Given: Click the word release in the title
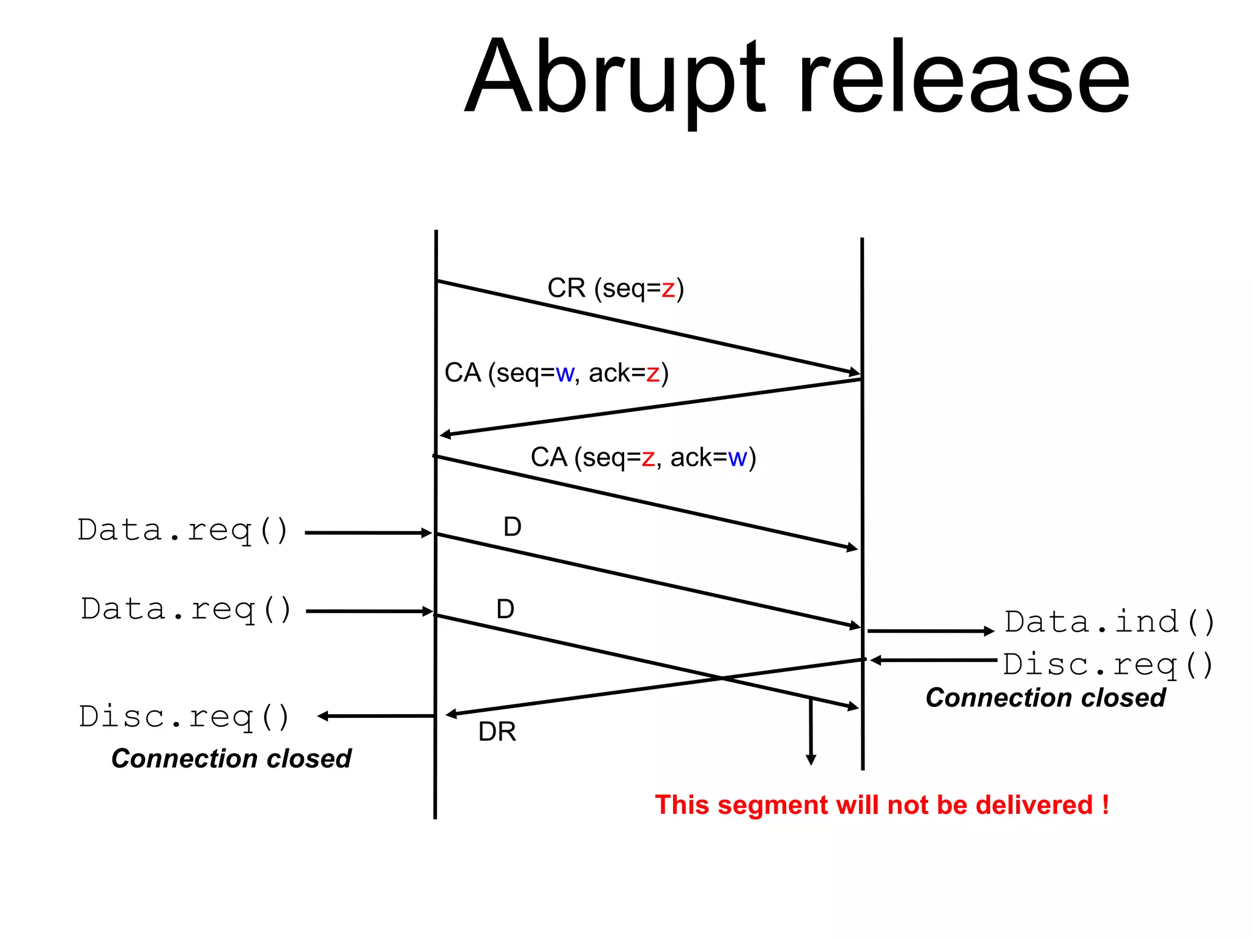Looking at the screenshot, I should tap(964, 76).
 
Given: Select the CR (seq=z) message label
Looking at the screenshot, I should tap(615, 288).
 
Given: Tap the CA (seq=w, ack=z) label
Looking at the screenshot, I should tap(557, 373).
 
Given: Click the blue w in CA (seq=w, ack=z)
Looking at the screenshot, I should tap(565, 373).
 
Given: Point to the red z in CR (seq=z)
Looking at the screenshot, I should tap(667, 289).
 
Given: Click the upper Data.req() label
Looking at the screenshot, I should tap(182, 531).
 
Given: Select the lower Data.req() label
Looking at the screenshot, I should tap(186, 610).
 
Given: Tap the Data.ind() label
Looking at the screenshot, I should tap(1109, 622).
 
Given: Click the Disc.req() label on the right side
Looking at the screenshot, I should tap(1107, 665).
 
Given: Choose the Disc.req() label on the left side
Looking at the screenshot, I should tap(184, 717).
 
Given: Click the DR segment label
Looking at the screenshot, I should tap(497, 732).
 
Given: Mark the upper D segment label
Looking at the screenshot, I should tap(512, 527).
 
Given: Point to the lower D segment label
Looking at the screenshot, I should tap(505, 610).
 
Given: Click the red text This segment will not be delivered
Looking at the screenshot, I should tap(882, 805).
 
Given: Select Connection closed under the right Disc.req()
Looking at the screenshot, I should tap(1045, 698).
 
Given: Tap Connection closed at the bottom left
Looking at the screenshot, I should tap(231, 759).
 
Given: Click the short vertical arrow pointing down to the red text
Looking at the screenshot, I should tap(811, 731).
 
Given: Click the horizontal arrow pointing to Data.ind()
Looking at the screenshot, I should tap(930, 631).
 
